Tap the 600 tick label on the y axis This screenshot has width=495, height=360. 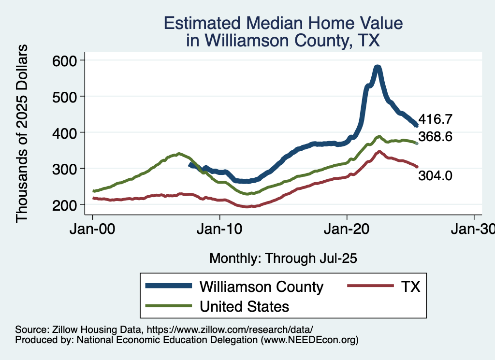point(66,60)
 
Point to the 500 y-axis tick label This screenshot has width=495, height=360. point(66,96)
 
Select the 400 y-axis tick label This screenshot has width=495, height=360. point(66,132)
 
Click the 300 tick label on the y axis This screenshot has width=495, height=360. point(66,168)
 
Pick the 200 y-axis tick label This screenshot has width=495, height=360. point(66,204)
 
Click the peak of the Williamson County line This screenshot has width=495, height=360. point(378,68)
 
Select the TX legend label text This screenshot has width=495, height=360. point(410,287)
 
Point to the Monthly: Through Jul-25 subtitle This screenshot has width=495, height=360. point(283,259)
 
